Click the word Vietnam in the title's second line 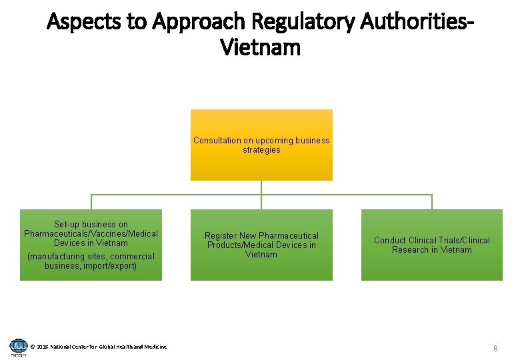[x=260, y=48]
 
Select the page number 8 [x=495, y=349]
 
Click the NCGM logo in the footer [x=18, y=347]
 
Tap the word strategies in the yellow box [x=261, y=150]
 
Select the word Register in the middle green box [x=221, y=236]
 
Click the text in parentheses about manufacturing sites [x=91, y=261]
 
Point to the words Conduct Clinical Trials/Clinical [x=431, y=241]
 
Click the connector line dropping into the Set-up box [x=91, y=202]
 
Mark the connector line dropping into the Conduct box [x=431, y=202]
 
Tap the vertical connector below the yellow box [x=261, y=187]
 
